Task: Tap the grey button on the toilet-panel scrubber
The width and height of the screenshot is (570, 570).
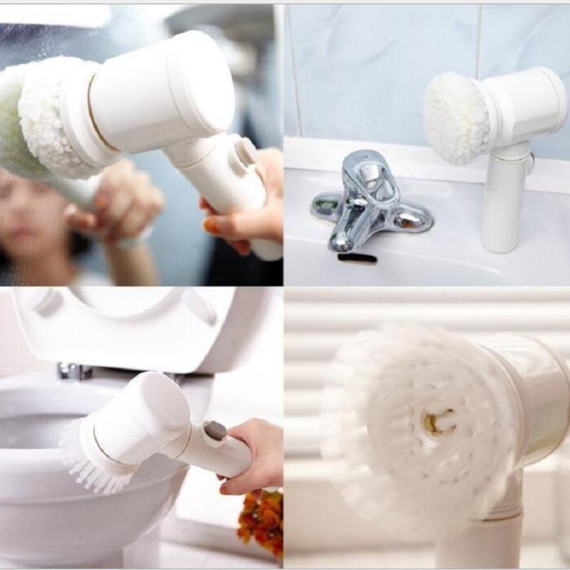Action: click(x=214, y=430)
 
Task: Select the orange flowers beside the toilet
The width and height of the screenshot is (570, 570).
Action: click(x=262, y=519)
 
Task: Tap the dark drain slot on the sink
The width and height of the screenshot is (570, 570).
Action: click(x=357, y=258)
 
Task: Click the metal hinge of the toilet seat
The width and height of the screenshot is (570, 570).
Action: click(x=74, y=370)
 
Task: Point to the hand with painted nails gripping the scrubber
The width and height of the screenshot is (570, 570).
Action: click(x=249, y=207)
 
